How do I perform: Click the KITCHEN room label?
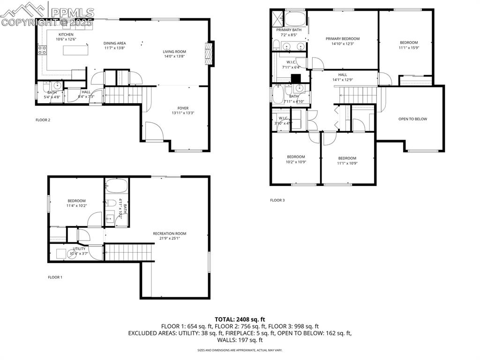[66, 35]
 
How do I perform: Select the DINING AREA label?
[115, 43]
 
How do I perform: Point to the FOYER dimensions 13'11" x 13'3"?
[183, 112]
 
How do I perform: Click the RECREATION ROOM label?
[170, 233]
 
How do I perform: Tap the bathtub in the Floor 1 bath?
[116, 187]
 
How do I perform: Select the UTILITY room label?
[79, 249]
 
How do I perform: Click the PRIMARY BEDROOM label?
[343, 38]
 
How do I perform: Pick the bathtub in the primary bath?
[295, 19]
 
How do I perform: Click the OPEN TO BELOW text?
[412, 119]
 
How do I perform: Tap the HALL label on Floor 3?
[343, 75]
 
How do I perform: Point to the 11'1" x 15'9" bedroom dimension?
[408, 47]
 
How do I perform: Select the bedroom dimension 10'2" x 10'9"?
[296, 162]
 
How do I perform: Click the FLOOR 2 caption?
[43, 120]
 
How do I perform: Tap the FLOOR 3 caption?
[277, 200]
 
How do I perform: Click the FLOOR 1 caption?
[55, 277]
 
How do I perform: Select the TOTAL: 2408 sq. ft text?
[240, 319]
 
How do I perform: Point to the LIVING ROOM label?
[174, 52]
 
